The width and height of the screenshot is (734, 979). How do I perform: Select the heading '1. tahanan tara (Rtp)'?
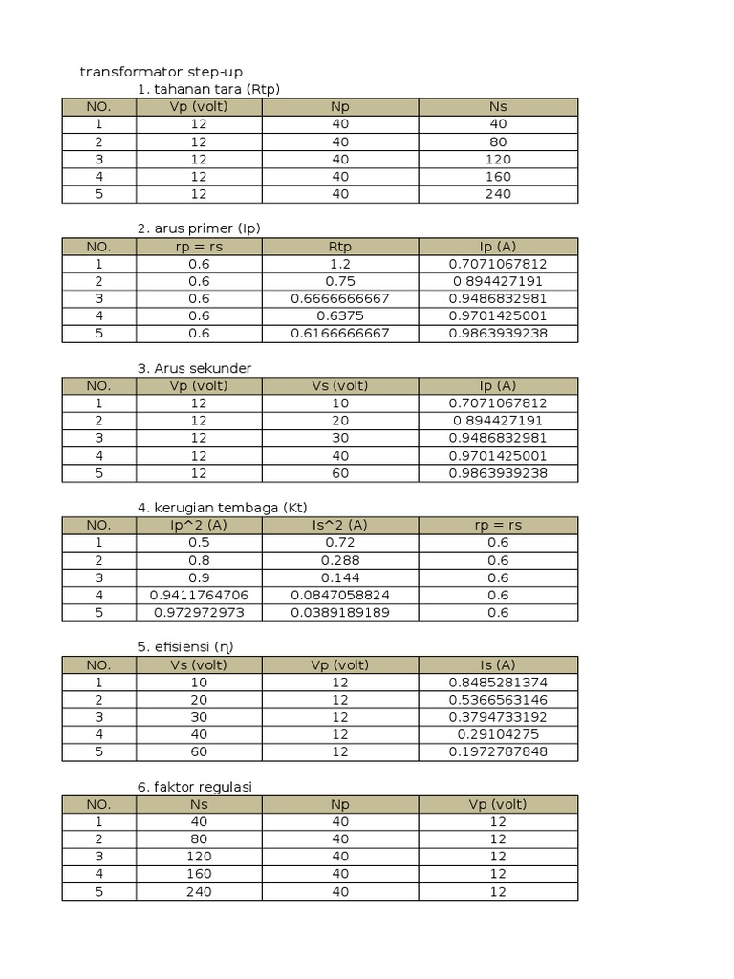pyautogui.click(x=208, y=89)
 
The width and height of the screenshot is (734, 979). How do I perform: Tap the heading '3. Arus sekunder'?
pyautogui.click(x=194, y=368)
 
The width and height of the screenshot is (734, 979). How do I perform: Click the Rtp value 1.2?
pyautogui.click(x=339, y=263)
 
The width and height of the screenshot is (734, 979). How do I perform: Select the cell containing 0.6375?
pyautogui.click(x=339, y=315)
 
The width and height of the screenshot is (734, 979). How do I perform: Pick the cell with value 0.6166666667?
pyautogui.click(x=339, y=333)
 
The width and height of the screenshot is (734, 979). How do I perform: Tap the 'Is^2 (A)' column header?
pyautogui.click(x=339, y=525)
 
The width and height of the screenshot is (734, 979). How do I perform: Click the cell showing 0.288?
pyautogui.click(x=339, y=560)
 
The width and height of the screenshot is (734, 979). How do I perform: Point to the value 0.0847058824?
pyautogui.click(x=339, y=595)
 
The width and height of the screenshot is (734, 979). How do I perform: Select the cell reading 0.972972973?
pyautogui.click(x=199, y=612)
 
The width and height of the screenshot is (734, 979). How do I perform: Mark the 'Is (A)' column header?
pyautogui.click(x=497, y=664)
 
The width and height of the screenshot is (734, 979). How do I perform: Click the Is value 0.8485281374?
pyautogui.click(x=497, y=682)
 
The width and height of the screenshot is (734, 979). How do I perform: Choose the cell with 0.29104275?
pyautogui.click(x=497, y=734)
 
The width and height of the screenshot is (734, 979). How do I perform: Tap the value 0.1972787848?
pyautogui.click(x=497, y=751)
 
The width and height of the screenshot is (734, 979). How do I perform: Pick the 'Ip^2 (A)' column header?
pyautogui.click(x=199, y=525)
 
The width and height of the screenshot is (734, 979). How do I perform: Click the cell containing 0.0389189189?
pyautogui.click(x=339, y=612)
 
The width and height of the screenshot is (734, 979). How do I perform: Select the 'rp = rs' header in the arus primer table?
pyautogui.click(x=199, y=246)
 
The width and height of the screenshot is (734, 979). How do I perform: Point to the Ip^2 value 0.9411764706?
pyautogui.click(x=199, y=595)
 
